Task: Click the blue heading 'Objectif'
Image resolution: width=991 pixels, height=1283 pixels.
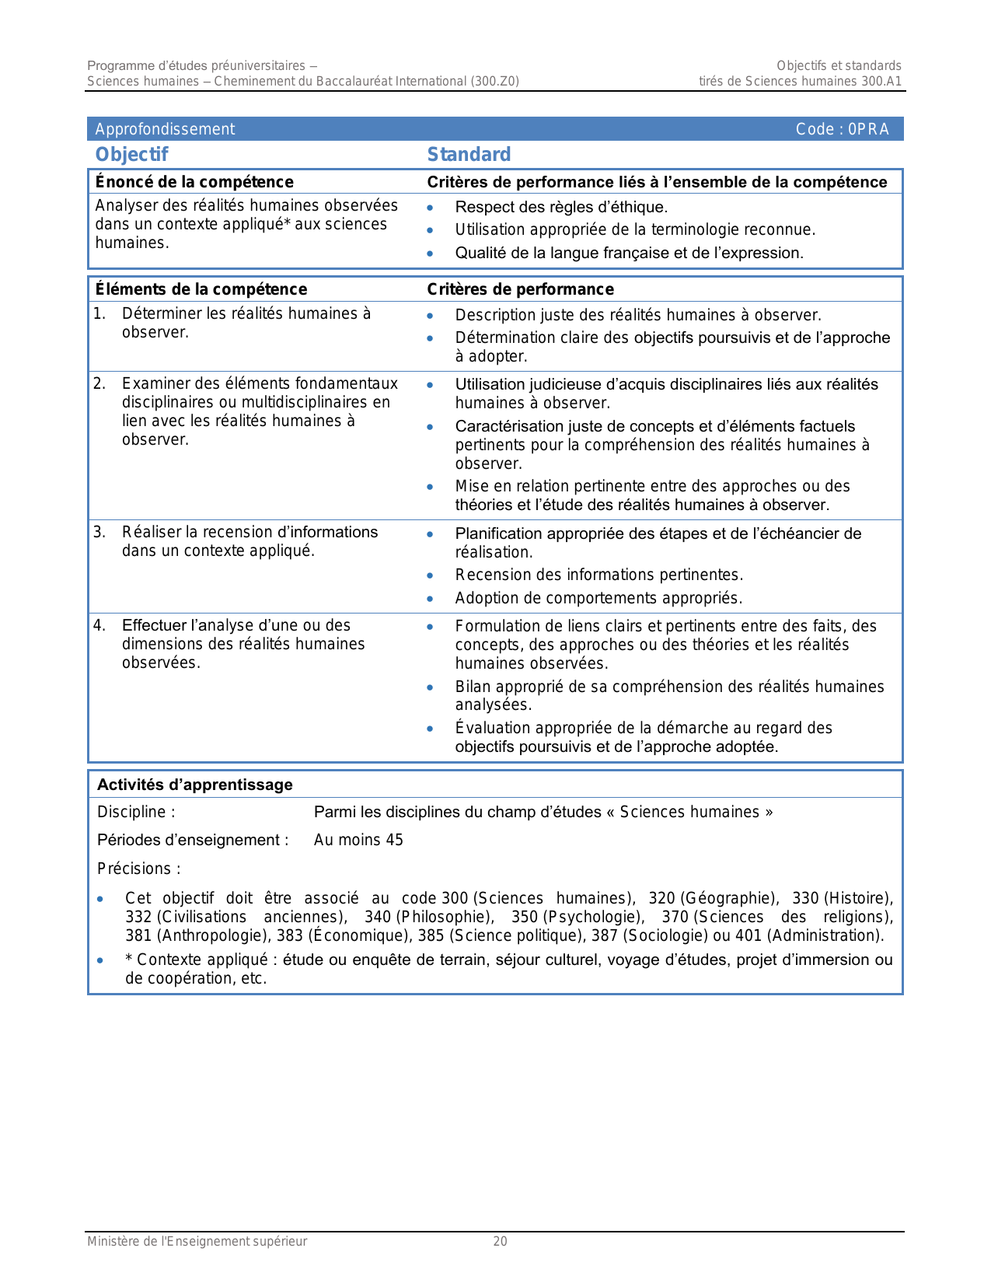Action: (131, 154)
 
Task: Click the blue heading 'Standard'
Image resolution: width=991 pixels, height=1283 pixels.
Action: (469, 154)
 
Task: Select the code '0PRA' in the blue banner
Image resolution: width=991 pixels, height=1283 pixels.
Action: (868, 129)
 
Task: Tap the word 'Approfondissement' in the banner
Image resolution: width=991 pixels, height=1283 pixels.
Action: (165, 129)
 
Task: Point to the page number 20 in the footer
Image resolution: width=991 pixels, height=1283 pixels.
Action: (500, 1241)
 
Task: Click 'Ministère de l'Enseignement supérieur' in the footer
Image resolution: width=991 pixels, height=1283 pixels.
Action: (197, 1241)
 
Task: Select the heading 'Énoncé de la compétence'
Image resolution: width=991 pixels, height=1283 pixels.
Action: (194, 182)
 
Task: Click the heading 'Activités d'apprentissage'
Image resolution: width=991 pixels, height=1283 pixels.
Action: (195, 785)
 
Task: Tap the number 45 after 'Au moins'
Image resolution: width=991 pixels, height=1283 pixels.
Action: (394, 840)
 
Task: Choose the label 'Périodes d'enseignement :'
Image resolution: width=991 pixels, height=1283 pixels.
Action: (193, 840)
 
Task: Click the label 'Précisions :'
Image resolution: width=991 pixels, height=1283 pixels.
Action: (139, 869)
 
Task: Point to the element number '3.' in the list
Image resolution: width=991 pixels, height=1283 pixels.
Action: (99, 532)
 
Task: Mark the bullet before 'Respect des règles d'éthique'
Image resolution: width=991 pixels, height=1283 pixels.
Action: (430, 208)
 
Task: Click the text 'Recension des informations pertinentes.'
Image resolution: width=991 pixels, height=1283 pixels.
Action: (598, 575)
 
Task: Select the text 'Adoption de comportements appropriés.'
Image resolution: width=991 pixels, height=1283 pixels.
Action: (598, 598)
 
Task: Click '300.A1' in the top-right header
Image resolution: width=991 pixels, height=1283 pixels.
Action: (881, 81)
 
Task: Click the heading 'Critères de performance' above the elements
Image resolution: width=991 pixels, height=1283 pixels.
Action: (520, 289)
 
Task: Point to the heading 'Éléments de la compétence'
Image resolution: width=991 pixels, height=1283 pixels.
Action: (201, 289)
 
